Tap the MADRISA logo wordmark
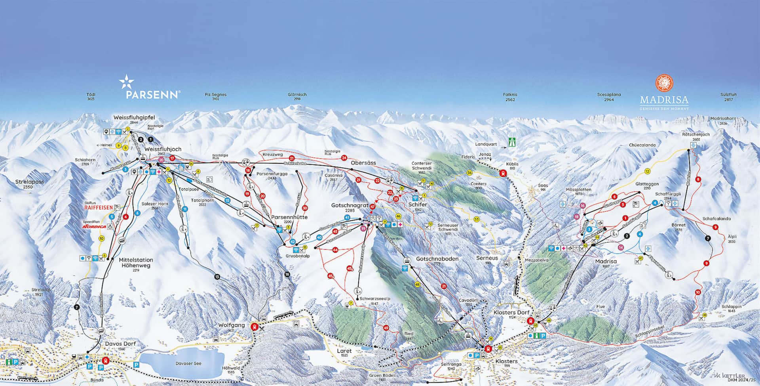click(x=664, y=100)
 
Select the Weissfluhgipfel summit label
click(x=134, y=118)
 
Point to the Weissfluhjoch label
click(x=163, y=149)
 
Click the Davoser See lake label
click(x=188, y=363)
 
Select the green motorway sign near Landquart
click(x=513, y=142)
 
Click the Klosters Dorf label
click(x=511, y=312)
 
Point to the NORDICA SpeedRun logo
click(x=94, y=227)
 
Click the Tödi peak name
click(x=91, y=95)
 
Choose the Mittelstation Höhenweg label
click(x=136, y=263)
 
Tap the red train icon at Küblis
click(x=503, y=173)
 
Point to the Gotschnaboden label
click(x=437, y=259)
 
